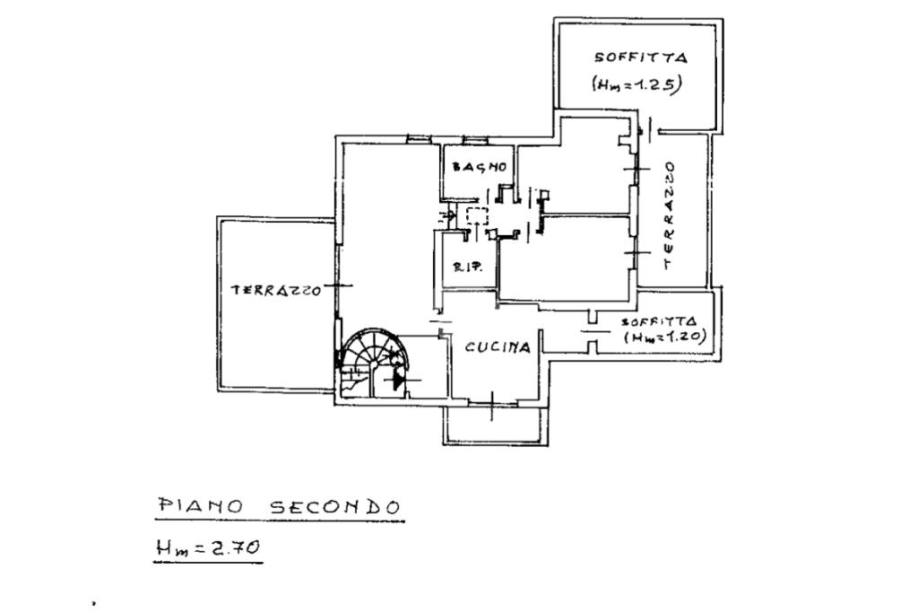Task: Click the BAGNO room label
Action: tap(481, 167)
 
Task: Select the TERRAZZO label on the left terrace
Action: tap(276, 291)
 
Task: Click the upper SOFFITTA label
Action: tap(640, 57)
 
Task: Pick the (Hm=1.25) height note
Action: tap(638, 84)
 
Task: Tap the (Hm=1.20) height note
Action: tap(666, 337)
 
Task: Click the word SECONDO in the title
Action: tap(334, 507)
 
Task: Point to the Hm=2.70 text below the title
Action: tap(208, 546)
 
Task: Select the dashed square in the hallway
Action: tap(477, 215)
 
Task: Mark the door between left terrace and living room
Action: tap(337, 285)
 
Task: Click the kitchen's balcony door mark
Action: tap(494, 404)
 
